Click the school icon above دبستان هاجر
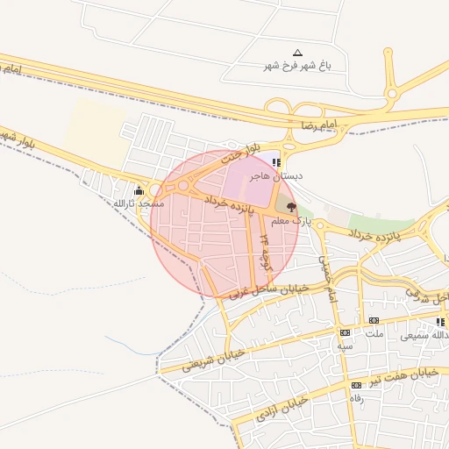pos(276,162)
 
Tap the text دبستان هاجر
pos(275,175)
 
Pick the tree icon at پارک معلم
pos(290,207)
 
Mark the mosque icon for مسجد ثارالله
pos(138,191)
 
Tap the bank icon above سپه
pos(345,332)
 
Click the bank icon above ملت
pos(374,321)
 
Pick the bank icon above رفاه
pos(356,385)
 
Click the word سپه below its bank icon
pos(346,346)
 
